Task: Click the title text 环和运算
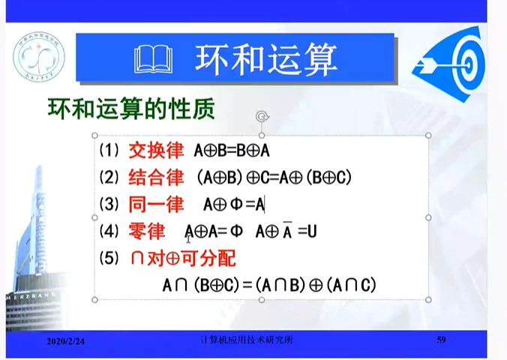point(265,58)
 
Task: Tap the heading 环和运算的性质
point(131,109)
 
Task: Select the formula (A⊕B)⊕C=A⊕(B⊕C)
point(272,178)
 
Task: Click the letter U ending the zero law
point(312,232)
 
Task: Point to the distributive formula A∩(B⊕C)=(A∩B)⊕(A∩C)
point(268,285)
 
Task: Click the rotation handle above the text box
point(262,116)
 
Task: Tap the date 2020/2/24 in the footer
point(65,341)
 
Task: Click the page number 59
point(441,340)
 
